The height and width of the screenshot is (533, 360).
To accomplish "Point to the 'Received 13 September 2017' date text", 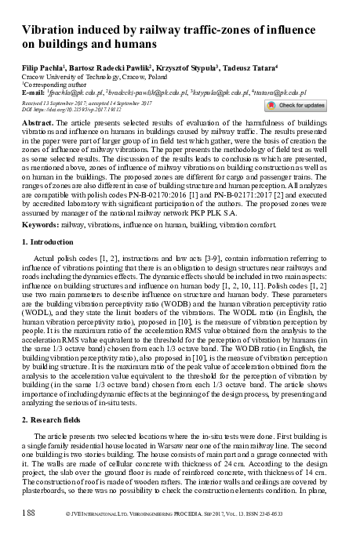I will coord(60,102).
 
